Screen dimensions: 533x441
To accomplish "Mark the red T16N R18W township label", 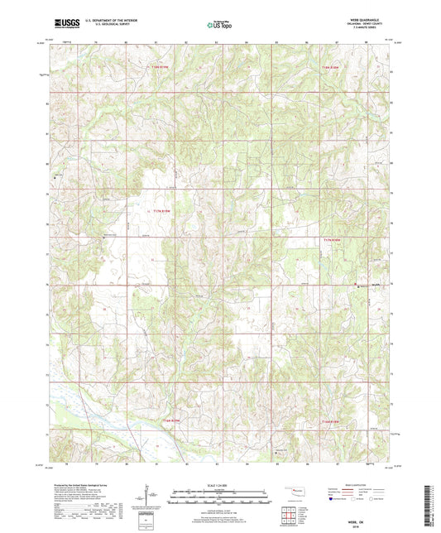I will click(x=333, y=422).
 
